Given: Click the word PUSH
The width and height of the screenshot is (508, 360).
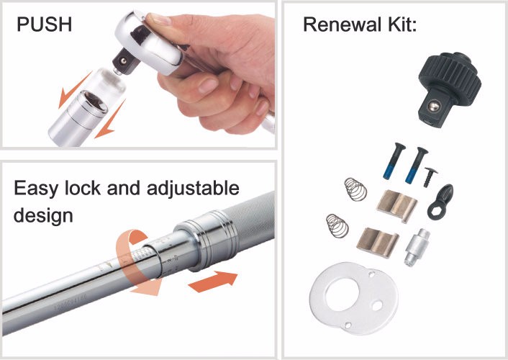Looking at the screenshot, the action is (45, 24).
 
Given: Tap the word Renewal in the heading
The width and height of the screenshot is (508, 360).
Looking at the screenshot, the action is (342, 24).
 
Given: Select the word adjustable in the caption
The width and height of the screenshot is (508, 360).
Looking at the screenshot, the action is (193, 188).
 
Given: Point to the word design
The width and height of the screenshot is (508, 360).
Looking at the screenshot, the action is (43, 215).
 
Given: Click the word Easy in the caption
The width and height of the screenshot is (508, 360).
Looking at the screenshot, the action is (36, 189).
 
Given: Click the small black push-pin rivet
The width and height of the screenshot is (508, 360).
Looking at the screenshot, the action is (430, 177).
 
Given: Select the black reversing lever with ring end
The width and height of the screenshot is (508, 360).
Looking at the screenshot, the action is (440, 202).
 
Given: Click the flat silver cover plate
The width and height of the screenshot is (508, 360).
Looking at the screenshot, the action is (353, 298).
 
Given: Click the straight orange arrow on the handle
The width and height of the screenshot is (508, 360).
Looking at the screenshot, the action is (213, 282).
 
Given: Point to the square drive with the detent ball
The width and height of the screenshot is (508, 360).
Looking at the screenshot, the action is (124, 62).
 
